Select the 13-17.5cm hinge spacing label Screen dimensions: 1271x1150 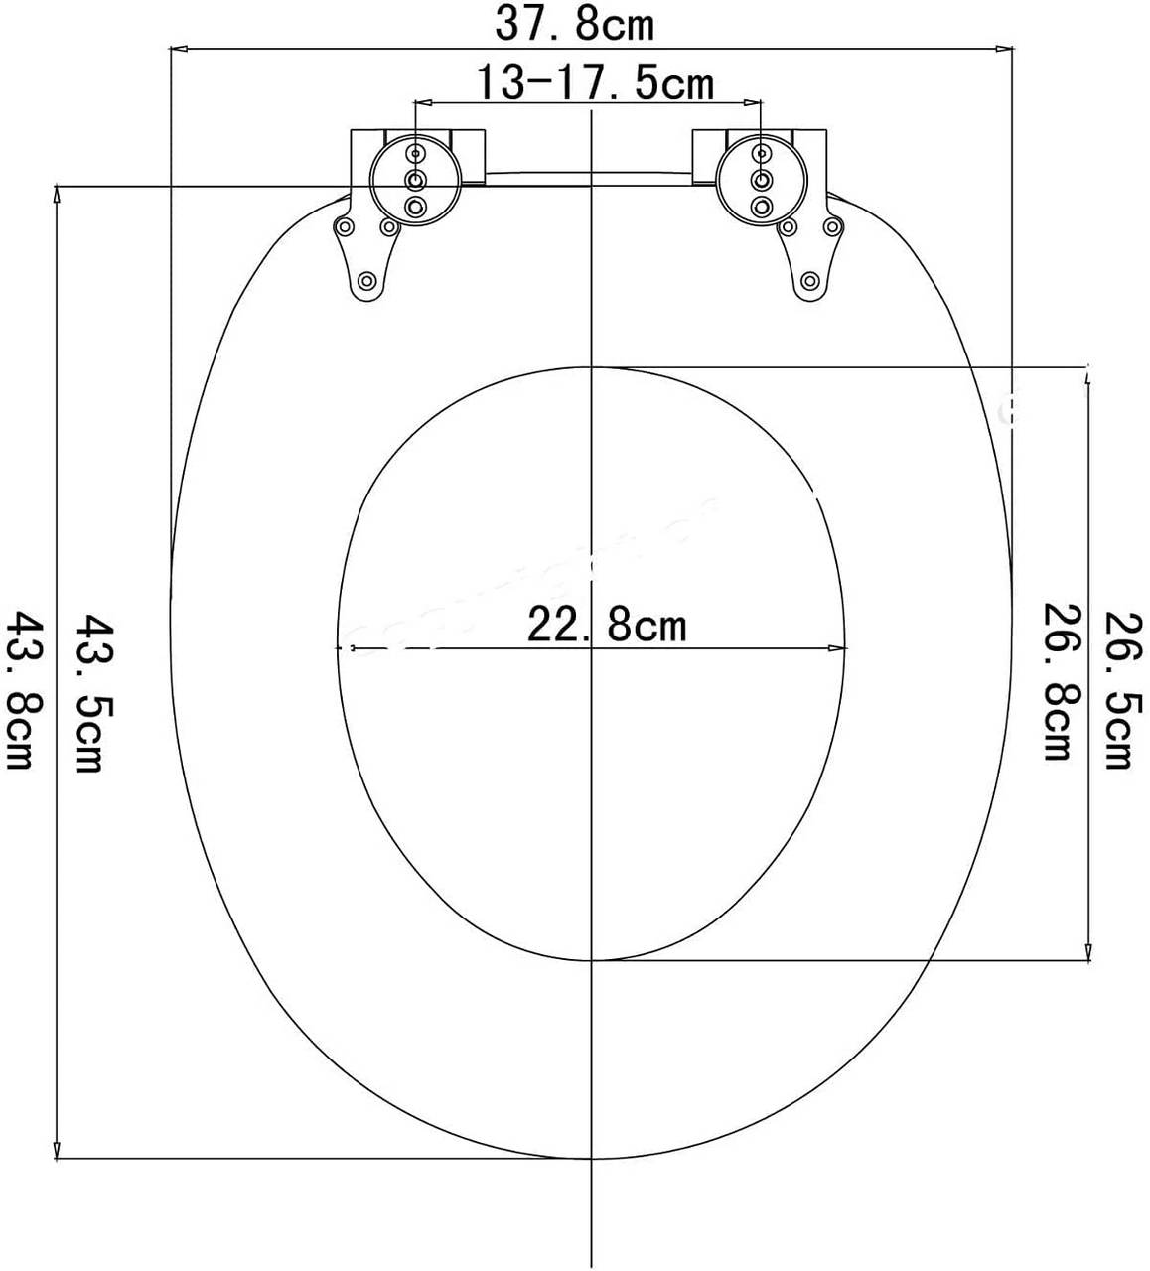[594, 83]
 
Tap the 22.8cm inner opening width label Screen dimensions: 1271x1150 [606, 626]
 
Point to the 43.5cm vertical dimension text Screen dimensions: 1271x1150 [92, 694]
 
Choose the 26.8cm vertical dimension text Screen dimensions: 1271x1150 [1057, 682]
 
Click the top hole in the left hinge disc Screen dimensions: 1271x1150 [414, 153]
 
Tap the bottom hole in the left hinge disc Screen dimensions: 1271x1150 [414, 206]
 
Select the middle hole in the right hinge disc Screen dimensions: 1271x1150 [762, 179]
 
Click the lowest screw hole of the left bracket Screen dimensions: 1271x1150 [366, 281]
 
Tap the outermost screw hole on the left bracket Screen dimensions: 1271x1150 [344, 227]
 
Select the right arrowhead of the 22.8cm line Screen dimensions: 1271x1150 [840, 649]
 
